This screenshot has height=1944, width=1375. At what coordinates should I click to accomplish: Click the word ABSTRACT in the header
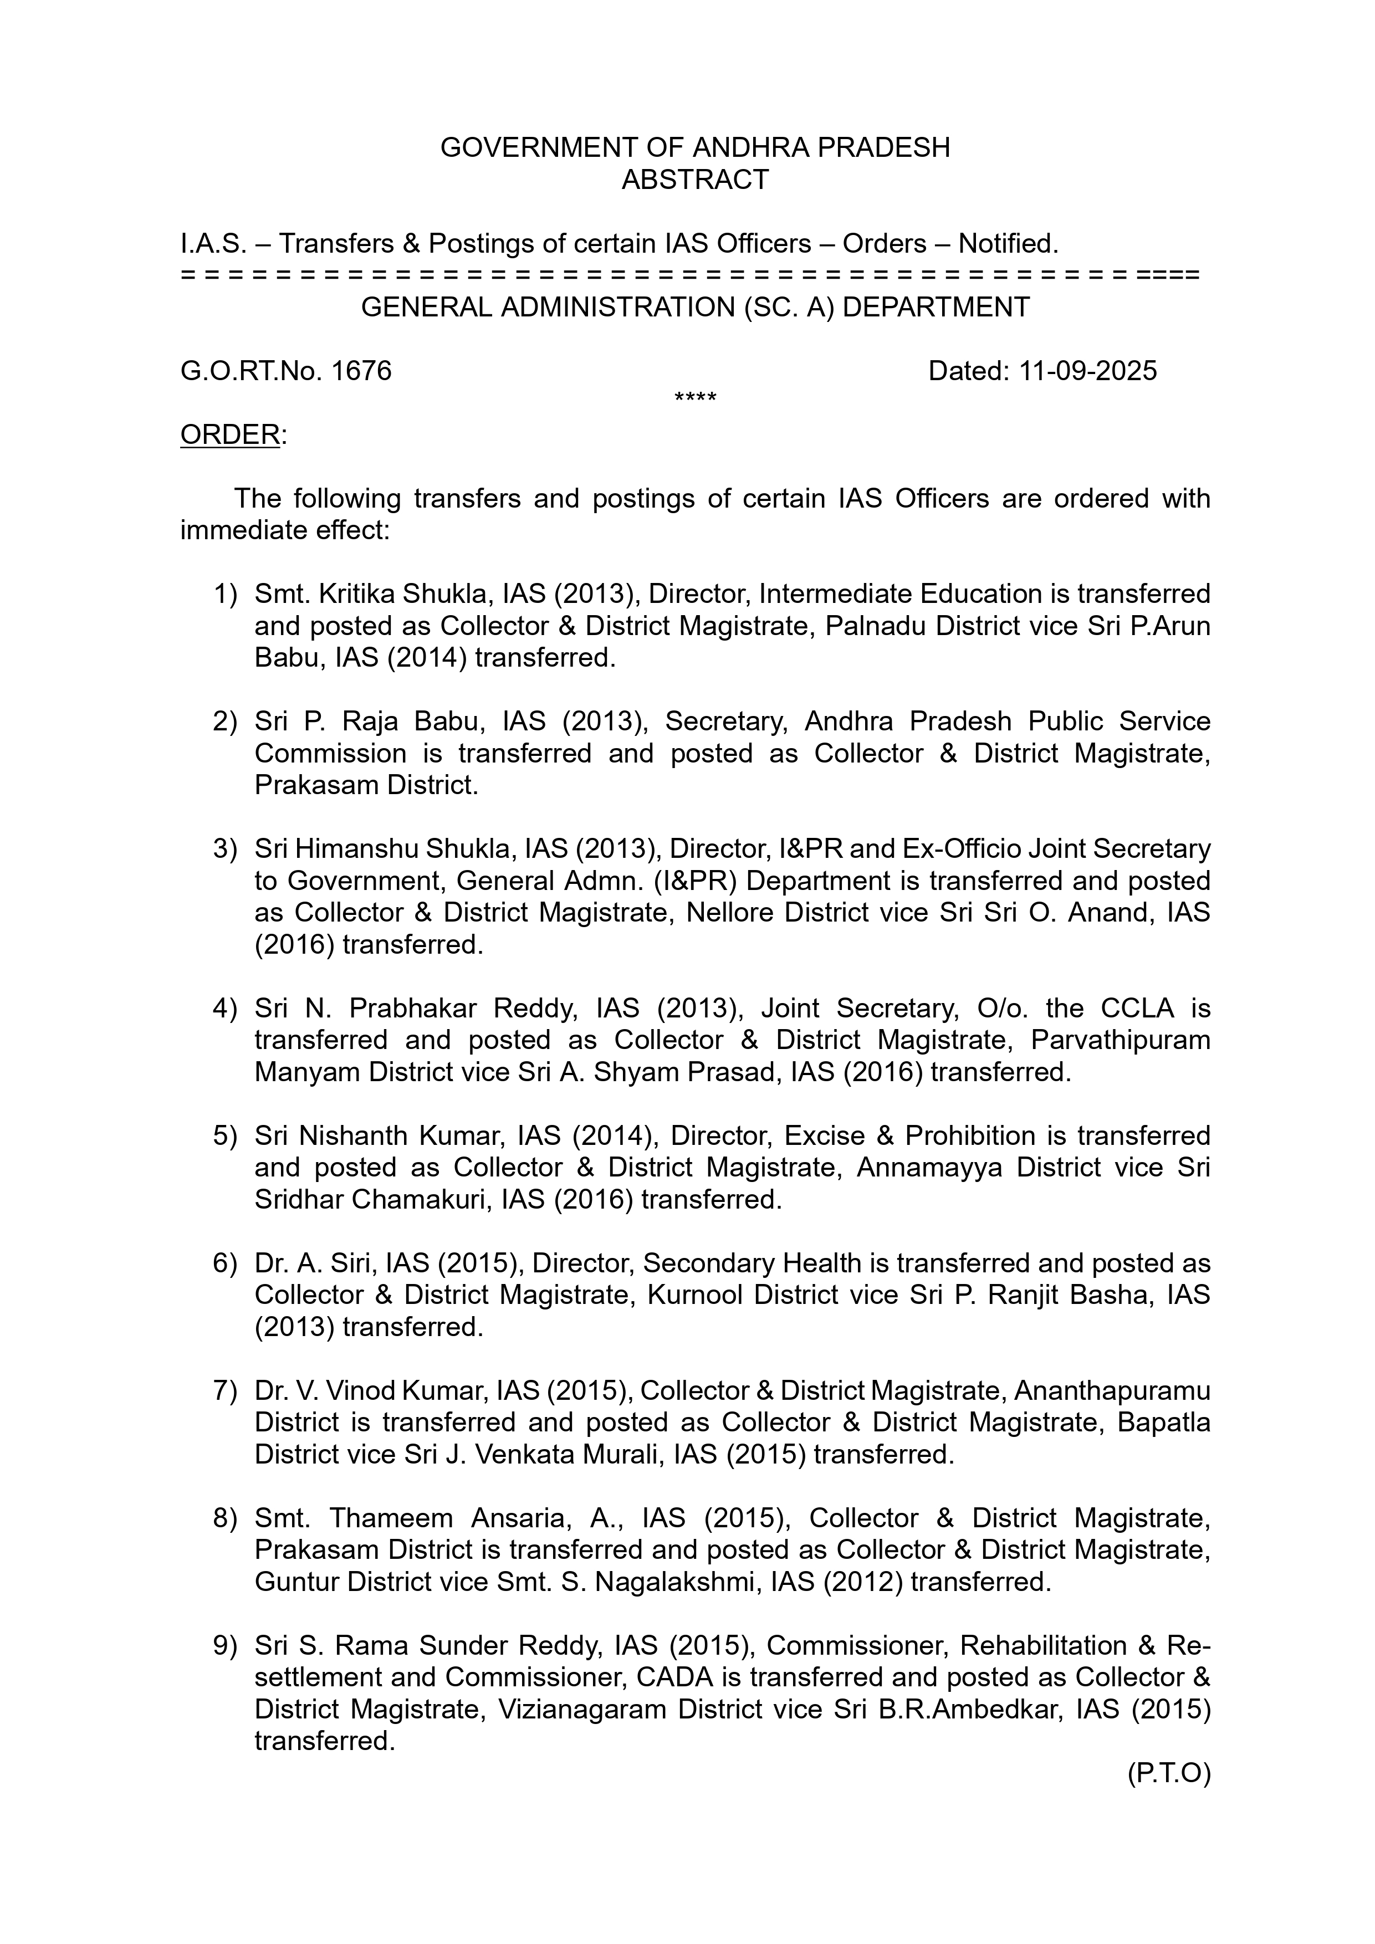(694, 180)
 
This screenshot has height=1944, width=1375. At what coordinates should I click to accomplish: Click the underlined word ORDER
(229, 434)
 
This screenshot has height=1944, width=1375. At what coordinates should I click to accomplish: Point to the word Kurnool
(695, 1296)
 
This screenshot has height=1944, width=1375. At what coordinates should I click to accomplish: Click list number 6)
(224, 1263)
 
